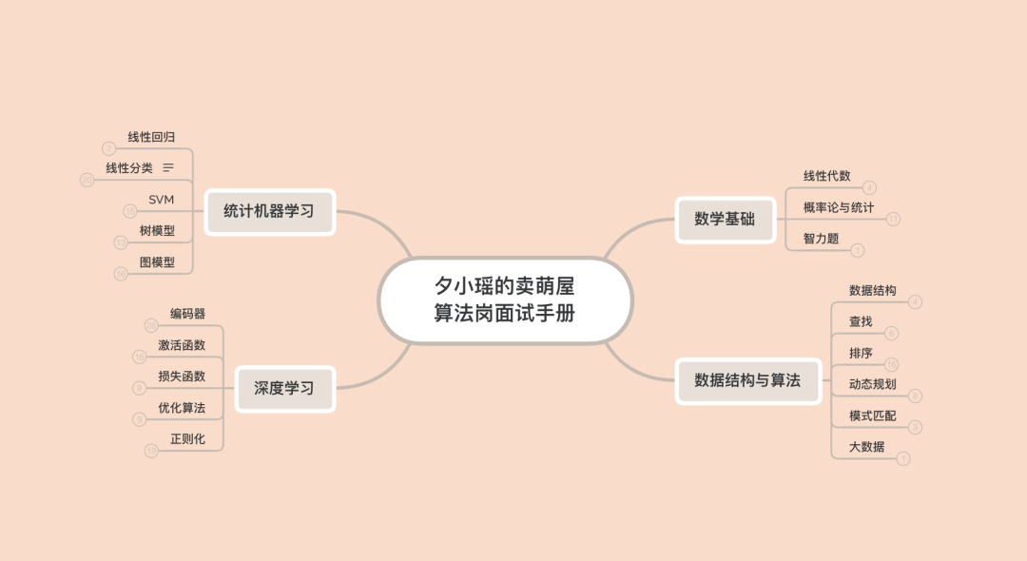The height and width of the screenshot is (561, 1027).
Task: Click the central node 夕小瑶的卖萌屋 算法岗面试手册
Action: click(x=505, y=300)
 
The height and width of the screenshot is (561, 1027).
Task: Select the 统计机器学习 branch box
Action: click(x=269, y=211)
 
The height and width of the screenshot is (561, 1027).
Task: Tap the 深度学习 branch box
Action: click(x=283, y=388)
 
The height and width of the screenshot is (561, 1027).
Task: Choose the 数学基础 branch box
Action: click(x=725, y=219)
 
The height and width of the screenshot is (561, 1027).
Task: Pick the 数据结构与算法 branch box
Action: click(x=747, y=380)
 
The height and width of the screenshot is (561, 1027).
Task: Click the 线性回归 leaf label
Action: click(x=151, y=137)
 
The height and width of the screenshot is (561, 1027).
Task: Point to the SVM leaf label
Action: click(x=161, y=199)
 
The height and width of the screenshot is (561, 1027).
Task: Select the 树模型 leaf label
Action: click(x=157, y=230)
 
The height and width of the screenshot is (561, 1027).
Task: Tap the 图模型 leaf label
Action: click(x=157, y=261)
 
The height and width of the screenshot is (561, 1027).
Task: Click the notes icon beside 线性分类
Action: click(x=168, y=167)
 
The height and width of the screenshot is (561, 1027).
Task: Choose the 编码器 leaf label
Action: click(x=187, y=314)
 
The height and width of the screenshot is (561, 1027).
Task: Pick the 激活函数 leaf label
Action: click(x=182, y=345)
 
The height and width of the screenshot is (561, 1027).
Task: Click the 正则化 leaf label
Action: click(x=187, y=439)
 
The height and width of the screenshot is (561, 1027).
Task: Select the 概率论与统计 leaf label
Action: click(x=839, y=207)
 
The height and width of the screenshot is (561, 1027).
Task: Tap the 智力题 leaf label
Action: click(x=821, y=239)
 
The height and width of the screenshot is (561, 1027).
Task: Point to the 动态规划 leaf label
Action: click(x=872, y=384)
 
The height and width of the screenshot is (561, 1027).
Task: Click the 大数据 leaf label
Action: click(x=866, y=447)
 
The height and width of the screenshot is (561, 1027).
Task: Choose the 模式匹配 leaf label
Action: click(x=872, y=416)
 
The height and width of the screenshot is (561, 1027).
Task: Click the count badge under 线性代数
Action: click(x=869, y=188)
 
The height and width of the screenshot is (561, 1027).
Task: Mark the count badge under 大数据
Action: click(x=903, y=459)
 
